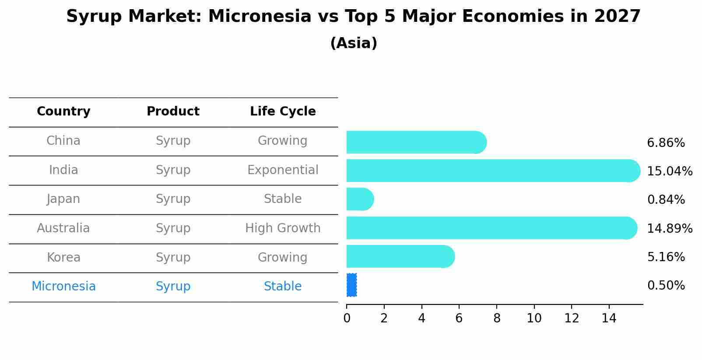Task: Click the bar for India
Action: coord(493,171)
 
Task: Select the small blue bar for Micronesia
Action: coord(351,285)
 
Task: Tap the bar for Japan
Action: coord(360,199)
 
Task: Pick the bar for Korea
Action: coord(400,257)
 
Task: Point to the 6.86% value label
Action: coord(666,143)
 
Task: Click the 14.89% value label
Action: coord(670,228)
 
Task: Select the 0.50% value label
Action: coord(666,286)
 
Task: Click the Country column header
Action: coord(63,112)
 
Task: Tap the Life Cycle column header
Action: coord(283,112)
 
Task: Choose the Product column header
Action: coord(173,111)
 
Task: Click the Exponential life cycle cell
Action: coord(283,170)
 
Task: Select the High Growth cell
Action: coord(283,228)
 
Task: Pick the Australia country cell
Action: coord(63,228)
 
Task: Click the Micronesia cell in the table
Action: coord(63,287)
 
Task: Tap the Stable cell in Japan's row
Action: coord(283,199)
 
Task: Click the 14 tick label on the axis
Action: coord(609,318)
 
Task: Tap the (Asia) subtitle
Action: coord(354,43)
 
